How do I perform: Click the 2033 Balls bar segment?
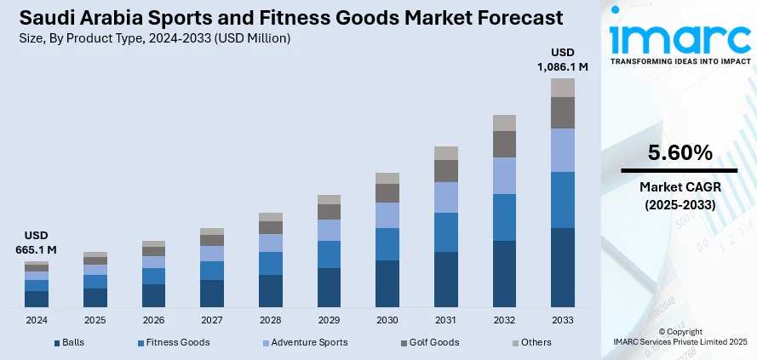[563, 267]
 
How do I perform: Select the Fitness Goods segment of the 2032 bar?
[505, 217]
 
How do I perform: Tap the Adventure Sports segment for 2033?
[563, 150]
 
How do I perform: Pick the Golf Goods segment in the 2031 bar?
[446, 171]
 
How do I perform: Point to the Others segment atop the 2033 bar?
[563, 87]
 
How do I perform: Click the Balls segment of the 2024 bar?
[37, 299]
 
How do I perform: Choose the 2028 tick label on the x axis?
[271, 321]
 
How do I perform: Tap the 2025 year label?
[95, 321]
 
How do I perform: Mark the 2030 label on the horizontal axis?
[387, 321]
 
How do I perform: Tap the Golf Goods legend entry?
[433, 342]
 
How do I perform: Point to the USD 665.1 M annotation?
[36, 243]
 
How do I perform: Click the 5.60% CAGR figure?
[680, 153]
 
